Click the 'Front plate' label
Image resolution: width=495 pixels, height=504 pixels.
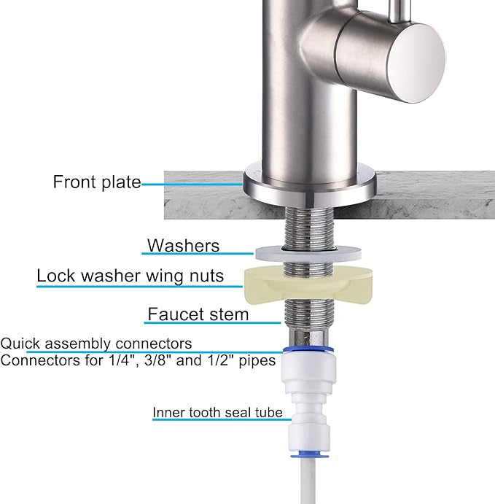coord(97,182)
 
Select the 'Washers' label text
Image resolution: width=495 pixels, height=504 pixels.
coord(183,245)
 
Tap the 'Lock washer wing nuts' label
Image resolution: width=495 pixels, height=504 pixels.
coord(130,276)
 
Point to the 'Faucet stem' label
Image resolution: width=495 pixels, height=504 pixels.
coord(198,314)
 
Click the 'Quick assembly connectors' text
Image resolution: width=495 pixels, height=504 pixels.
coord(96,343)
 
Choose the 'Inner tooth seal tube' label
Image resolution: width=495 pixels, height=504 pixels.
coord(217,413)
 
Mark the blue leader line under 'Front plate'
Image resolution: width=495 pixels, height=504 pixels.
coord(192,185)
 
